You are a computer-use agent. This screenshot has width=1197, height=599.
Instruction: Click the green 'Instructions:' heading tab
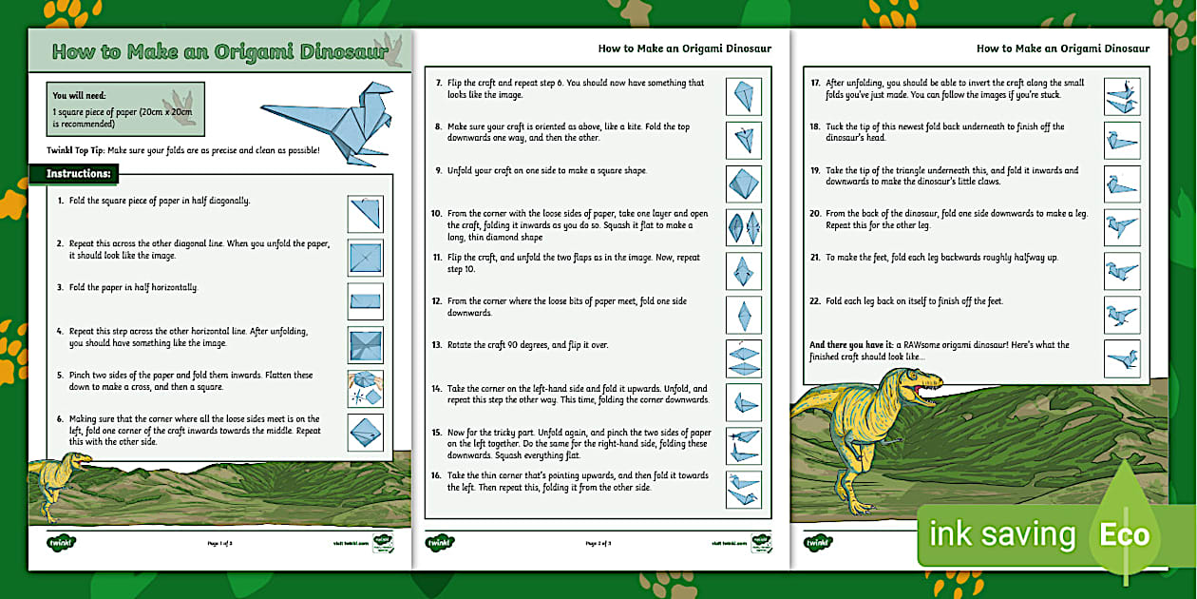click(x=79, y=174)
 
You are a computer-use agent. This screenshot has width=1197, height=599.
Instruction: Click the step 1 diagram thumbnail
click(x=365, y=213)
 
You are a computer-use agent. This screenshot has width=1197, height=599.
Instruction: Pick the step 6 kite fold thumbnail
click(x=365, y=432)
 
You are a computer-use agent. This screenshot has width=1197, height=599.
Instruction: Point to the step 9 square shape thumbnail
click(x=744, y=184)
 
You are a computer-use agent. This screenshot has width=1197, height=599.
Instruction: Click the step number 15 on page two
click(x=437, y=433)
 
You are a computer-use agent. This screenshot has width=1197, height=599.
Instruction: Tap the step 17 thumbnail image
click(x=1122, y=95)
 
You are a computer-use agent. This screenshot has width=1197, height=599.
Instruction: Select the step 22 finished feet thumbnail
click(x=1122, y=315)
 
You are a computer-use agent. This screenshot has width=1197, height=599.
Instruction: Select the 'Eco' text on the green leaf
click(x=1124, y=534)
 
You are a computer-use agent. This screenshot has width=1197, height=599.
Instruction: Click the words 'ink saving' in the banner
click(x=1001, y=535)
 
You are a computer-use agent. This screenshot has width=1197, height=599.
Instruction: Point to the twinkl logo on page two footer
click(x=440, y=542)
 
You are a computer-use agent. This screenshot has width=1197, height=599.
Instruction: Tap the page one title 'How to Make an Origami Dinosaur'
click(x=219, y=52)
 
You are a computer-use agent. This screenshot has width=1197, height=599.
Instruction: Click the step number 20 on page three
click(x=815, y=214)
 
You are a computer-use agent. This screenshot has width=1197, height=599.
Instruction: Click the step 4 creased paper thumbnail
click(x=365, y=344)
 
